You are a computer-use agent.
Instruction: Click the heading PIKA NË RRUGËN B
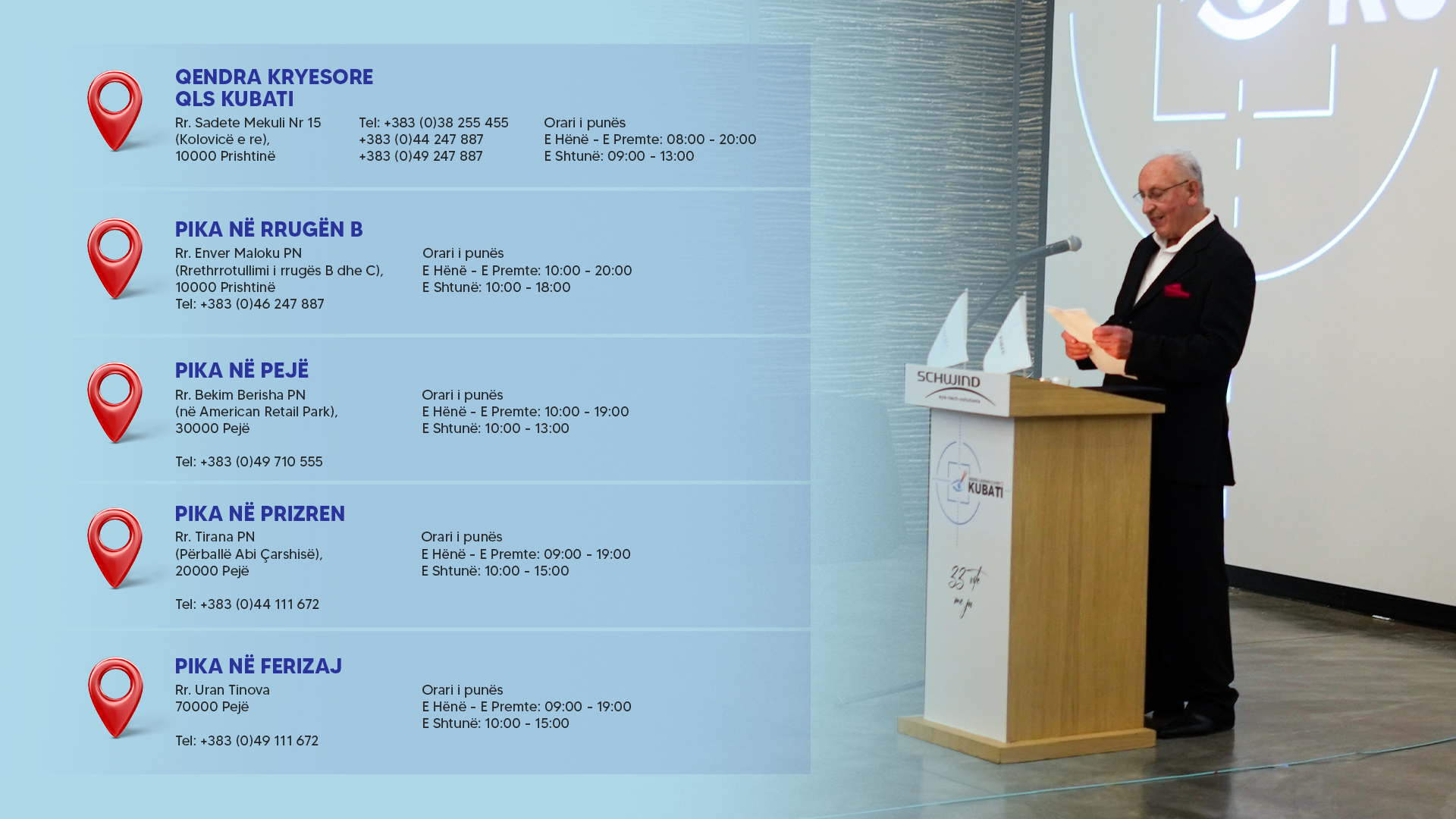(x=269, y=229)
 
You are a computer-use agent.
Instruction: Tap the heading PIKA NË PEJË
(x=242, y=370)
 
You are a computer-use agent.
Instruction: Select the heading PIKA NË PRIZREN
(x=260, y=513)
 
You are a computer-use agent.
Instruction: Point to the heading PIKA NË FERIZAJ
(x=259, y=666)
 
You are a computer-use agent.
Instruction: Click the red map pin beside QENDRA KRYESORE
(x=115, y=111)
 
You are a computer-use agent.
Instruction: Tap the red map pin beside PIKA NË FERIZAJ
(x=115, y=698)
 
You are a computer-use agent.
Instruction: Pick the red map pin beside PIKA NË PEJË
(x=115, y=403)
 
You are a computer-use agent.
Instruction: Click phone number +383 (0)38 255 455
(x=446, y=123)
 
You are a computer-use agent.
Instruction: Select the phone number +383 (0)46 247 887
(x=262, y=304)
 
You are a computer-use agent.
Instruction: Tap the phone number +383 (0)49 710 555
(x=262, y=462)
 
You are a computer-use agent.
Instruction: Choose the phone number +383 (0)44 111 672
(x=259, y=604)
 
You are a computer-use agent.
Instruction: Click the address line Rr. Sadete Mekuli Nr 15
(x=248, y=123)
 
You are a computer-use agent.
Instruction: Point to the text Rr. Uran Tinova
(x=222, y=690)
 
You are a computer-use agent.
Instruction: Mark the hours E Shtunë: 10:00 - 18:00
(x=497, y=287)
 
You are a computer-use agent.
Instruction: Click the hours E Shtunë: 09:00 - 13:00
(x=619, y=156)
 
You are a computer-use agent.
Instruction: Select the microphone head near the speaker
(x=1072, y=244)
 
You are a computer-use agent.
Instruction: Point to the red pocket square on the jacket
(x=1176, y=290)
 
